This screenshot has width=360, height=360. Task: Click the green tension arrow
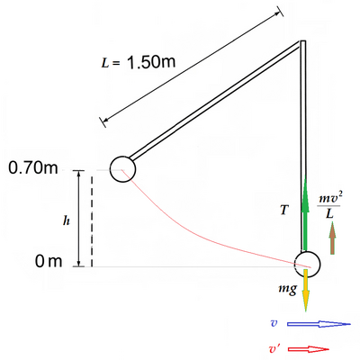305,213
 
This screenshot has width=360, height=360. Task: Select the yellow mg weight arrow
306,290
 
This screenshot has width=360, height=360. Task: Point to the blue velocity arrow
319,324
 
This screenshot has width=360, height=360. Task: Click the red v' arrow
309,349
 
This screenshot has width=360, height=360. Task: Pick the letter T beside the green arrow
283,210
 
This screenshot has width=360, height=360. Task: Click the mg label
288,289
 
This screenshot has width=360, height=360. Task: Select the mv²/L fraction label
330,206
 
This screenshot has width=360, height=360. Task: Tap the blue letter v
274,323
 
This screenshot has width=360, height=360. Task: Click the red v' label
274,349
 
